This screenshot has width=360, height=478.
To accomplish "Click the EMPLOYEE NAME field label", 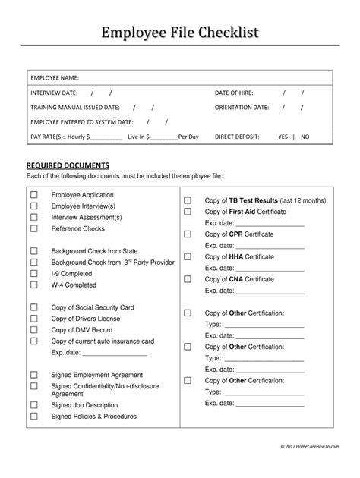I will click(55, 77).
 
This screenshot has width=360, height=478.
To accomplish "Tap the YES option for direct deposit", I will click(283, 137).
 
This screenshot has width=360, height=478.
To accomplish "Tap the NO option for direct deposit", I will click(305, 137).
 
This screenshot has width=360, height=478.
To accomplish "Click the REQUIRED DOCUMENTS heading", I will click(68, 165).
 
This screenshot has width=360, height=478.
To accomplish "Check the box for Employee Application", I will click(33, 195).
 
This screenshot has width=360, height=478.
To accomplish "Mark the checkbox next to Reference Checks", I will click(33, 228).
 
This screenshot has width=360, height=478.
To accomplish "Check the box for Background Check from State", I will click(33, 251).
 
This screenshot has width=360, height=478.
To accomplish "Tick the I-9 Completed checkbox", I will click(33, 273).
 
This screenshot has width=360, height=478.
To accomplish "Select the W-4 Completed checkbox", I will click(33, 285).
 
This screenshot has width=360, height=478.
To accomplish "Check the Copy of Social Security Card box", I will click(33, 307).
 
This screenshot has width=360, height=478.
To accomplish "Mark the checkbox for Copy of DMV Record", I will click(33, 330).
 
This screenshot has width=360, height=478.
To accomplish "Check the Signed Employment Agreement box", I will click(33, 375).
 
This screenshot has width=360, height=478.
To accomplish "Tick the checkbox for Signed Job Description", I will click(33, 405).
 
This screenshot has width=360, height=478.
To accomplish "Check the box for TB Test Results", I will click(187, 200).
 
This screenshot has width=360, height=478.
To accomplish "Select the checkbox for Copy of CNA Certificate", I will click(187, 279).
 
